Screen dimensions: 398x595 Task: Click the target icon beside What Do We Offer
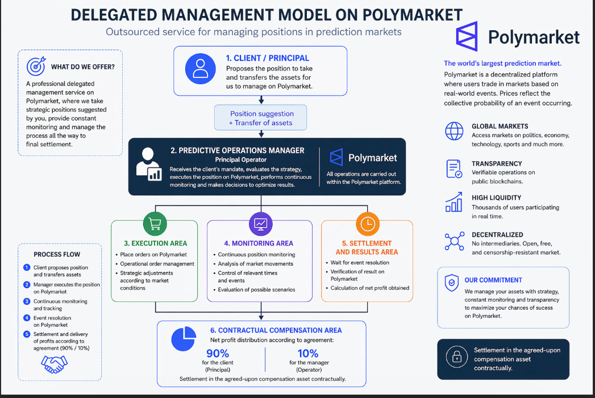[x=36, y=67]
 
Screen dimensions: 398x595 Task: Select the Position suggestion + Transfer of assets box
[x=261, y=118]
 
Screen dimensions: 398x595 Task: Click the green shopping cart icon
[x=155, y=224]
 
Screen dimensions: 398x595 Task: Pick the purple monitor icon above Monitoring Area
[x=261, y=224]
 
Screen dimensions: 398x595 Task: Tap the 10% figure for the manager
[x=308, y=353]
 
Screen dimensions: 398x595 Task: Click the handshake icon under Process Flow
[x=59, y=364]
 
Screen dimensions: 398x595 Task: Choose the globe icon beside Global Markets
[x=454, y=132]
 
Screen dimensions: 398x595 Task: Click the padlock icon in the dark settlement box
[x=456, y=357]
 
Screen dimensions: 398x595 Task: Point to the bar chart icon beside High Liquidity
[x=454, y=202]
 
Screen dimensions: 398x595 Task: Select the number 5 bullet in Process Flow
[x=27, y=334]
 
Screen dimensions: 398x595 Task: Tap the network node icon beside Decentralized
[x=454, y=241]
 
